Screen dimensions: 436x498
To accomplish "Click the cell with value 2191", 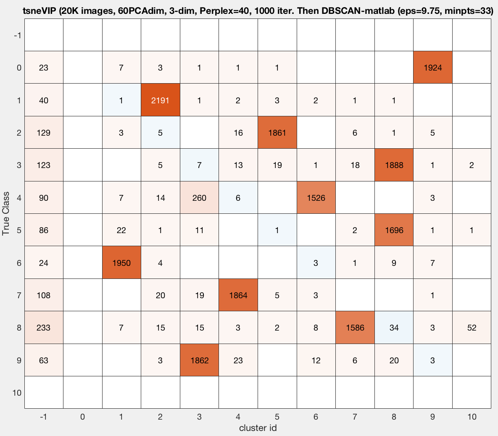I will click(160, 100).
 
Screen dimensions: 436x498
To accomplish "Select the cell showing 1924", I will click(432, 67).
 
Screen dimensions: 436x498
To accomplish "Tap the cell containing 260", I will click(199, 197).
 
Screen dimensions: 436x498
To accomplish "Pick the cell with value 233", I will click(44, 328).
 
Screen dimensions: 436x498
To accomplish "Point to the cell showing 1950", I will click(121, 263).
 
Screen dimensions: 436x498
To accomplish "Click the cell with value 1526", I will click(316, 197).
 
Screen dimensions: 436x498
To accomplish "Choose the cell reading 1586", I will click(355, 328).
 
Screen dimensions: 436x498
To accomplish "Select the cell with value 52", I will click(472, 328).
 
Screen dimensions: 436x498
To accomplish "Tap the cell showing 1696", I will click(394, 230).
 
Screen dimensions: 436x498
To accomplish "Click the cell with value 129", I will click(44, 133).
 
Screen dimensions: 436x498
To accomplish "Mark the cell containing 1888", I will click(394, 165).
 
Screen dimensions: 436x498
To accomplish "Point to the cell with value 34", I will click(394, 328).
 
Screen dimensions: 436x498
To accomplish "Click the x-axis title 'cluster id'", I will click(258, 428).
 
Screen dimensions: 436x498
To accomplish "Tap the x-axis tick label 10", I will click(472, 417).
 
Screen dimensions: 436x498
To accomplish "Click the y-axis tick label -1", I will click(17, 35).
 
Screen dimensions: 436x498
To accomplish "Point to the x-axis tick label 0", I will click(82, 417).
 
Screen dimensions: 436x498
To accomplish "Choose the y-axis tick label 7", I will click(18, 295).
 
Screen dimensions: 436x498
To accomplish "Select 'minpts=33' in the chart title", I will click(471, 11).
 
